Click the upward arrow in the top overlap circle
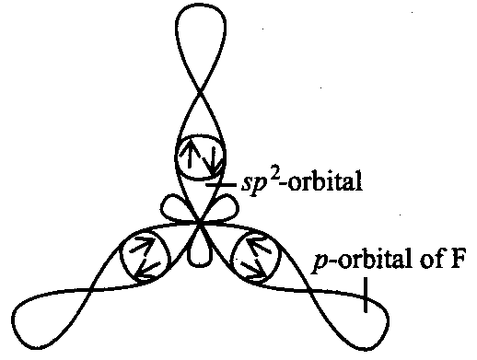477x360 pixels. (190, 153)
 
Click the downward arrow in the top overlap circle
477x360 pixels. (211, 162)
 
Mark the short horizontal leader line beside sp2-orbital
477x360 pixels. (221, 185)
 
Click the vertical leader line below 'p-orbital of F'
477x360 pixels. (366, 295)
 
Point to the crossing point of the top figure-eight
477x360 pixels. (201, 90)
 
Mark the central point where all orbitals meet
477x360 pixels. (200, 224)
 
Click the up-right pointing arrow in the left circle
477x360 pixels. (143, 245)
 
